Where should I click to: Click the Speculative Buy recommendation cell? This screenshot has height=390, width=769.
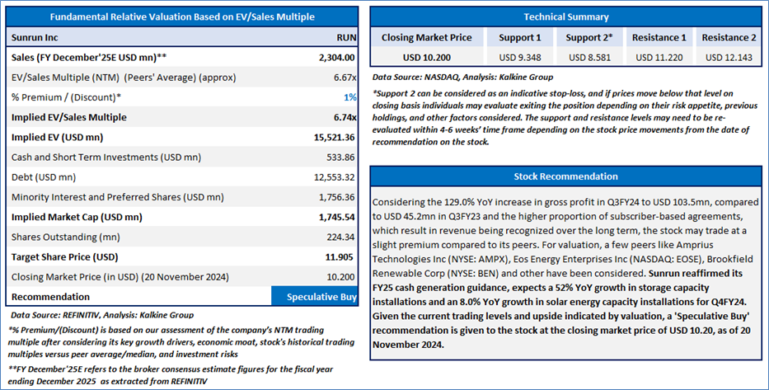pos(314,296)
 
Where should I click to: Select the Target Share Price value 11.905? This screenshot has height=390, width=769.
pos(340,257)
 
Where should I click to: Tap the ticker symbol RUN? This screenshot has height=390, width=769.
pos(346,38)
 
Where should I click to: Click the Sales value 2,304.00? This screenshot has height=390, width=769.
pos(336,58)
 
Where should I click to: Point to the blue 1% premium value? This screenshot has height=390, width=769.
pos(349,97)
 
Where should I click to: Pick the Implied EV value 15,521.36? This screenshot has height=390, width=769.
pos(335,138)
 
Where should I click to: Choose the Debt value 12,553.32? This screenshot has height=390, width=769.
pos(335,177)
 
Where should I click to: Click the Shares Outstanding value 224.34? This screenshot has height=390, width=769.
pos(341,237)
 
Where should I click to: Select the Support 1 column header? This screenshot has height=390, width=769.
pos(520,38)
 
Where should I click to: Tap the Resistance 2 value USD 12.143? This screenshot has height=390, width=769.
pos(729,58)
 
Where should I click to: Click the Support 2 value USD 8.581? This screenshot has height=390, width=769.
pos(589,58)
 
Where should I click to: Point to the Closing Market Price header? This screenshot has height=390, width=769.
pos(427,38)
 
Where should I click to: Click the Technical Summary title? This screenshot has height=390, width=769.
pos(566,16)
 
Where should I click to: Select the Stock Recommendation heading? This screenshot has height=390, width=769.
pos(565,176)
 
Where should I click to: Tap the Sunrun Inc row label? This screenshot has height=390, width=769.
pos(35,38)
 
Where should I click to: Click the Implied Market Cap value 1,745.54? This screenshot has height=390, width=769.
pos(336,217)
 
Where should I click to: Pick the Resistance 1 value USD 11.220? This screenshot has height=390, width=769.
pos(659,58)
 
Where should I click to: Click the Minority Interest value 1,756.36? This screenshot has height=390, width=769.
pos(336,197)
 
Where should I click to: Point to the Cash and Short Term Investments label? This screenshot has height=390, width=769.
pos(106,157)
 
